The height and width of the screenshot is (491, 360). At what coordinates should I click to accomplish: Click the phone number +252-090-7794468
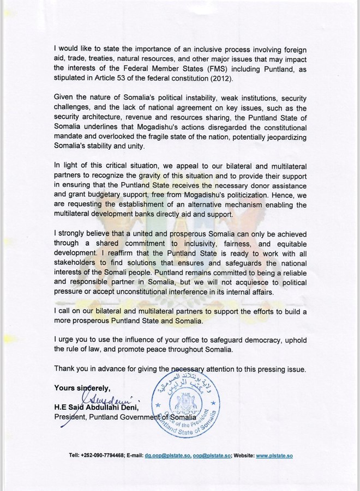97,455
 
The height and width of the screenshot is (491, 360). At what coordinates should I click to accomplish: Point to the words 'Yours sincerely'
82,388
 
